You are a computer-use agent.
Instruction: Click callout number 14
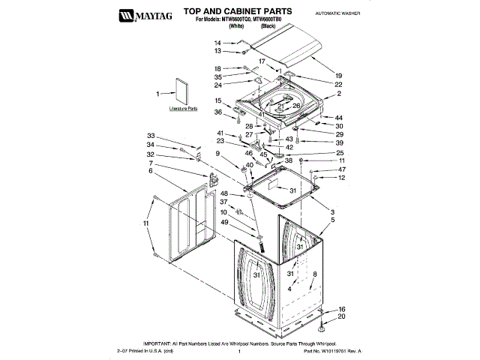[218, 43]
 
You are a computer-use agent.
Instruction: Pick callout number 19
[338, 76]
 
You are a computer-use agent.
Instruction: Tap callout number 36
[218, 112]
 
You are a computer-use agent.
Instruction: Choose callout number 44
[339, 118]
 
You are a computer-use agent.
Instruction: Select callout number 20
[341, 316]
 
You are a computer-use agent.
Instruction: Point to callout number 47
[341, 169]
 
